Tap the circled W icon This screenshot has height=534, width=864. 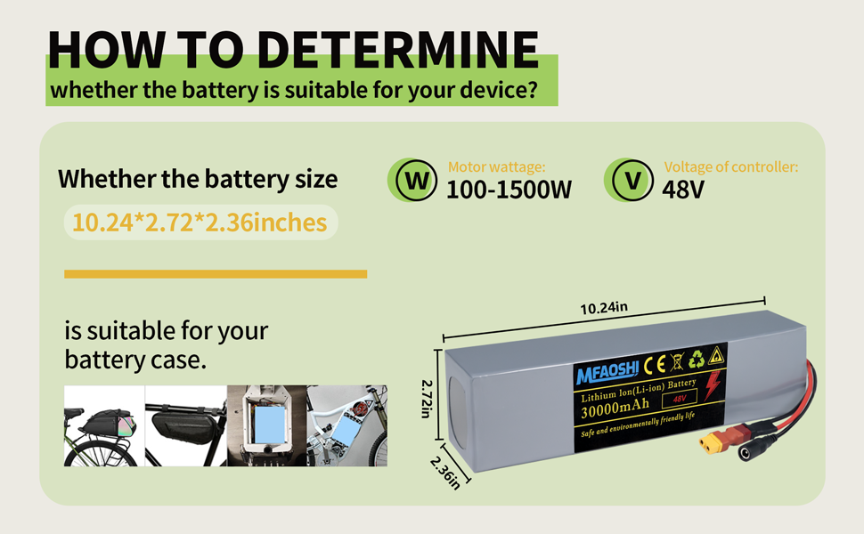pyautogui.click(x=412, y=181)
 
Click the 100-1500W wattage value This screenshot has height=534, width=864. pyautogui.click(x=509, y=190)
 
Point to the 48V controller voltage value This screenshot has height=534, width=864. pyautogui.click(x=684, y=190)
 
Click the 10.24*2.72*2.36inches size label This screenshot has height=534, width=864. pyautogui.click(x=200, y=222)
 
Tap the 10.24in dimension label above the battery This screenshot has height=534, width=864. pyautogui.click(x=605, y=309)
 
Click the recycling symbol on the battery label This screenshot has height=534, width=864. pyautogui.click(x=694, y=360)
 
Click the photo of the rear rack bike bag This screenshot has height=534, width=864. pyautogui.click(x=103, y=425)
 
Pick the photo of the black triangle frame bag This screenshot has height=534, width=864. pyautogui.click(x=184, y=425)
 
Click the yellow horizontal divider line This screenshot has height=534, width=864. pyautogui.click(x=216, y=274)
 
